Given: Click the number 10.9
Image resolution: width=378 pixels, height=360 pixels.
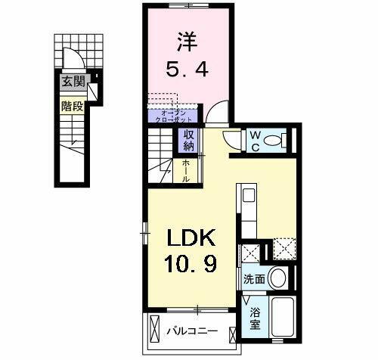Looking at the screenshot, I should pos(191,266).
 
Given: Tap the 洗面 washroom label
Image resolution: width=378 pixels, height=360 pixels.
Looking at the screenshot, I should pos(253,278).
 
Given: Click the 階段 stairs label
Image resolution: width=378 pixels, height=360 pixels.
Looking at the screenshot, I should pos(73,106).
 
